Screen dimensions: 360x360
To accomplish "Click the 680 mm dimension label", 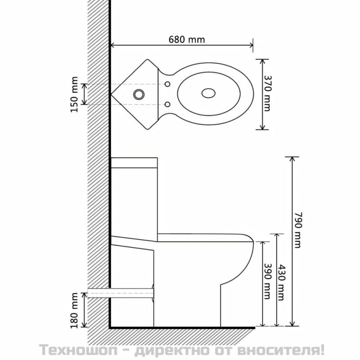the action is (187, 40).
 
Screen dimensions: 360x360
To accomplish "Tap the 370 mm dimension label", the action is (266, 94).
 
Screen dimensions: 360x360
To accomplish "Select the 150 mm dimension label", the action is (74, 94).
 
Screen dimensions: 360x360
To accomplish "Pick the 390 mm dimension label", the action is (266, 281).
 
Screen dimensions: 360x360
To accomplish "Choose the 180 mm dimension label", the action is (74, 310).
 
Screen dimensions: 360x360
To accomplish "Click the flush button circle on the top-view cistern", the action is (139, 94).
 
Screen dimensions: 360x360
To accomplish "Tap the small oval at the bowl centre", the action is (208, 93).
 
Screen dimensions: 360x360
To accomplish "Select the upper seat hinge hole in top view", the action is (167, 84).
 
